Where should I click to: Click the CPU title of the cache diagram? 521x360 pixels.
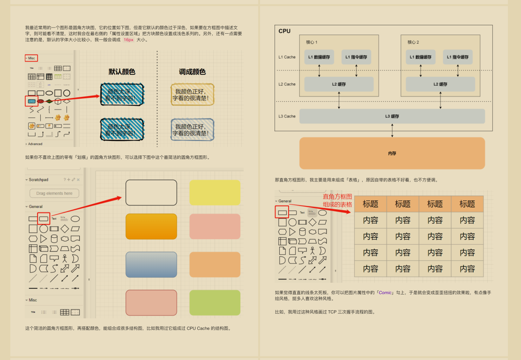[284, 31]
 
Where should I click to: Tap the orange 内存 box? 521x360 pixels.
[392, 153]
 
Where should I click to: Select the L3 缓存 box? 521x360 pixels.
[392, 116]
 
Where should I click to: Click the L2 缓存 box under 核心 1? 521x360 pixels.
[339, 84]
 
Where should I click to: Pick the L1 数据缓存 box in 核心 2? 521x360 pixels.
[421, 57]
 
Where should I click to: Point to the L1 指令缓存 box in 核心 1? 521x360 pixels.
[356, 57]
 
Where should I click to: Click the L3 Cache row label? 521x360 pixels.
[287, 116]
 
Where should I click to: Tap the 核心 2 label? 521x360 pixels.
[413, 42]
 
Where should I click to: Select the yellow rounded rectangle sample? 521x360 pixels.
[215, 192]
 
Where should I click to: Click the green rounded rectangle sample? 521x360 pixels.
[215, 302]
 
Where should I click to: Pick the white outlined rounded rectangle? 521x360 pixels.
[151, 192]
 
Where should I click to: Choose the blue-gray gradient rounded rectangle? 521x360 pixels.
[151, 264]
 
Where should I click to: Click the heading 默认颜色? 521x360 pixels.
[122, 72]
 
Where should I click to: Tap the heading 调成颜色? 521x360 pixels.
[192, 72]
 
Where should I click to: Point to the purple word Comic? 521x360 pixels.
[386, 293]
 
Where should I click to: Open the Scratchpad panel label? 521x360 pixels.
[38, 180]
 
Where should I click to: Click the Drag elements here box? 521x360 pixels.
[54, 193]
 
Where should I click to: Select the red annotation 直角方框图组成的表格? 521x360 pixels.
[337, 200]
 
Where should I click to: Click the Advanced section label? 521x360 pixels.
[35, 144]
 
